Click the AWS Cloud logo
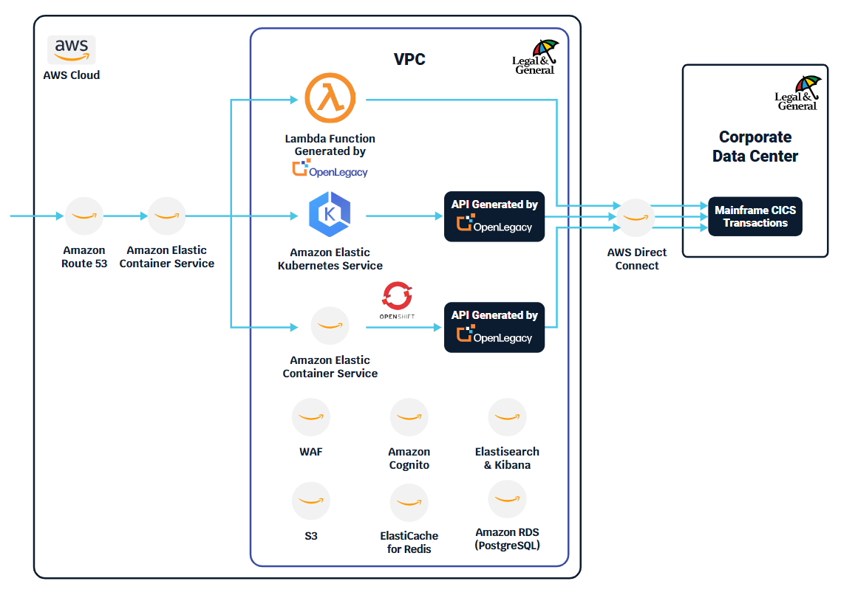pyautogui.click(x=71, y=49)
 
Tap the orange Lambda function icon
pyautogui.click(x=330, y=99)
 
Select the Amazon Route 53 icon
pyautogui.click(x=84, y=216)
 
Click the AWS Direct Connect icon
pyautogui.click(x=636, y=217)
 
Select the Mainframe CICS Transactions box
pyautogui.click(x=754, y=216)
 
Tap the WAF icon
pyautogui.click(x=311, y=418)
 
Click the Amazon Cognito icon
pyautogui.click(x=409, y=418)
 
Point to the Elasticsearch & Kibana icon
pyautogui.click(x=507, y=418)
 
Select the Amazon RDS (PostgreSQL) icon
pyautogui.click(x=507, y=500)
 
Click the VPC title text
pyautogui.click(x=409, y=60)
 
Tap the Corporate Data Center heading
pyautogui.click(x=754, y=147)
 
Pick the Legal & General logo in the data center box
pyautogui.click(x=798, y=93)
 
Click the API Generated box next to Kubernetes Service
pyautogui.click(x=494, y=216)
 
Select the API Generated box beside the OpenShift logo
pyautogui.click(x=494, y=327)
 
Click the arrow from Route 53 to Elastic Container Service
pyautogui.click(x=125, y=216)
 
